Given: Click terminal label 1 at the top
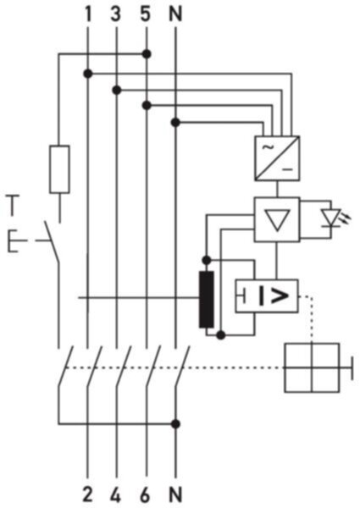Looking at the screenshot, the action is point(87,14).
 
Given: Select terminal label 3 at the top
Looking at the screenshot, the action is point(116,14).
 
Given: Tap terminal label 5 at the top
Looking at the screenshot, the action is point(146,14).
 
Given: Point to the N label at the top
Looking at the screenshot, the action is point(175,14).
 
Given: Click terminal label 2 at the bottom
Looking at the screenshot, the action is point(87,494).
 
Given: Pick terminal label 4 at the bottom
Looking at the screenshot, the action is point(116,494).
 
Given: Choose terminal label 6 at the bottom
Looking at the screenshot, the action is point(146,494).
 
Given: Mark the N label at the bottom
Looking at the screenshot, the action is point(175,494).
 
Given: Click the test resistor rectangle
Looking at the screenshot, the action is point(59,169).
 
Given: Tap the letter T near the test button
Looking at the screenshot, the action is point(14,205).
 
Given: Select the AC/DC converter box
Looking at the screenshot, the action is point(277,158).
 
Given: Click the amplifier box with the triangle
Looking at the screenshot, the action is point(277,219).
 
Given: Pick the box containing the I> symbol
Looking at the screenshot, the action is point(267,295).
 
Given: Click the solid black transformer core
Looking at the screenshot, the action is point(207,300).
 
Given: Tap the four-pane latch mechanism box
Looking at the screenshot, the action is point(312,367).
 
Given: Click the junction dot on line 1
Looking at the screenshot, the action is point(87,74).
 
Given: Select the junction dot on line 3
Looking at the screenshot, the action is point(116,90).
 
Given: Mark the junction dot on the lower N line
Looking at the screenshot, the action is point(175,424).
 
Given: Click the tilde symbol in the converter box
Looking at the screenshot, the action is point(268,147).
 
